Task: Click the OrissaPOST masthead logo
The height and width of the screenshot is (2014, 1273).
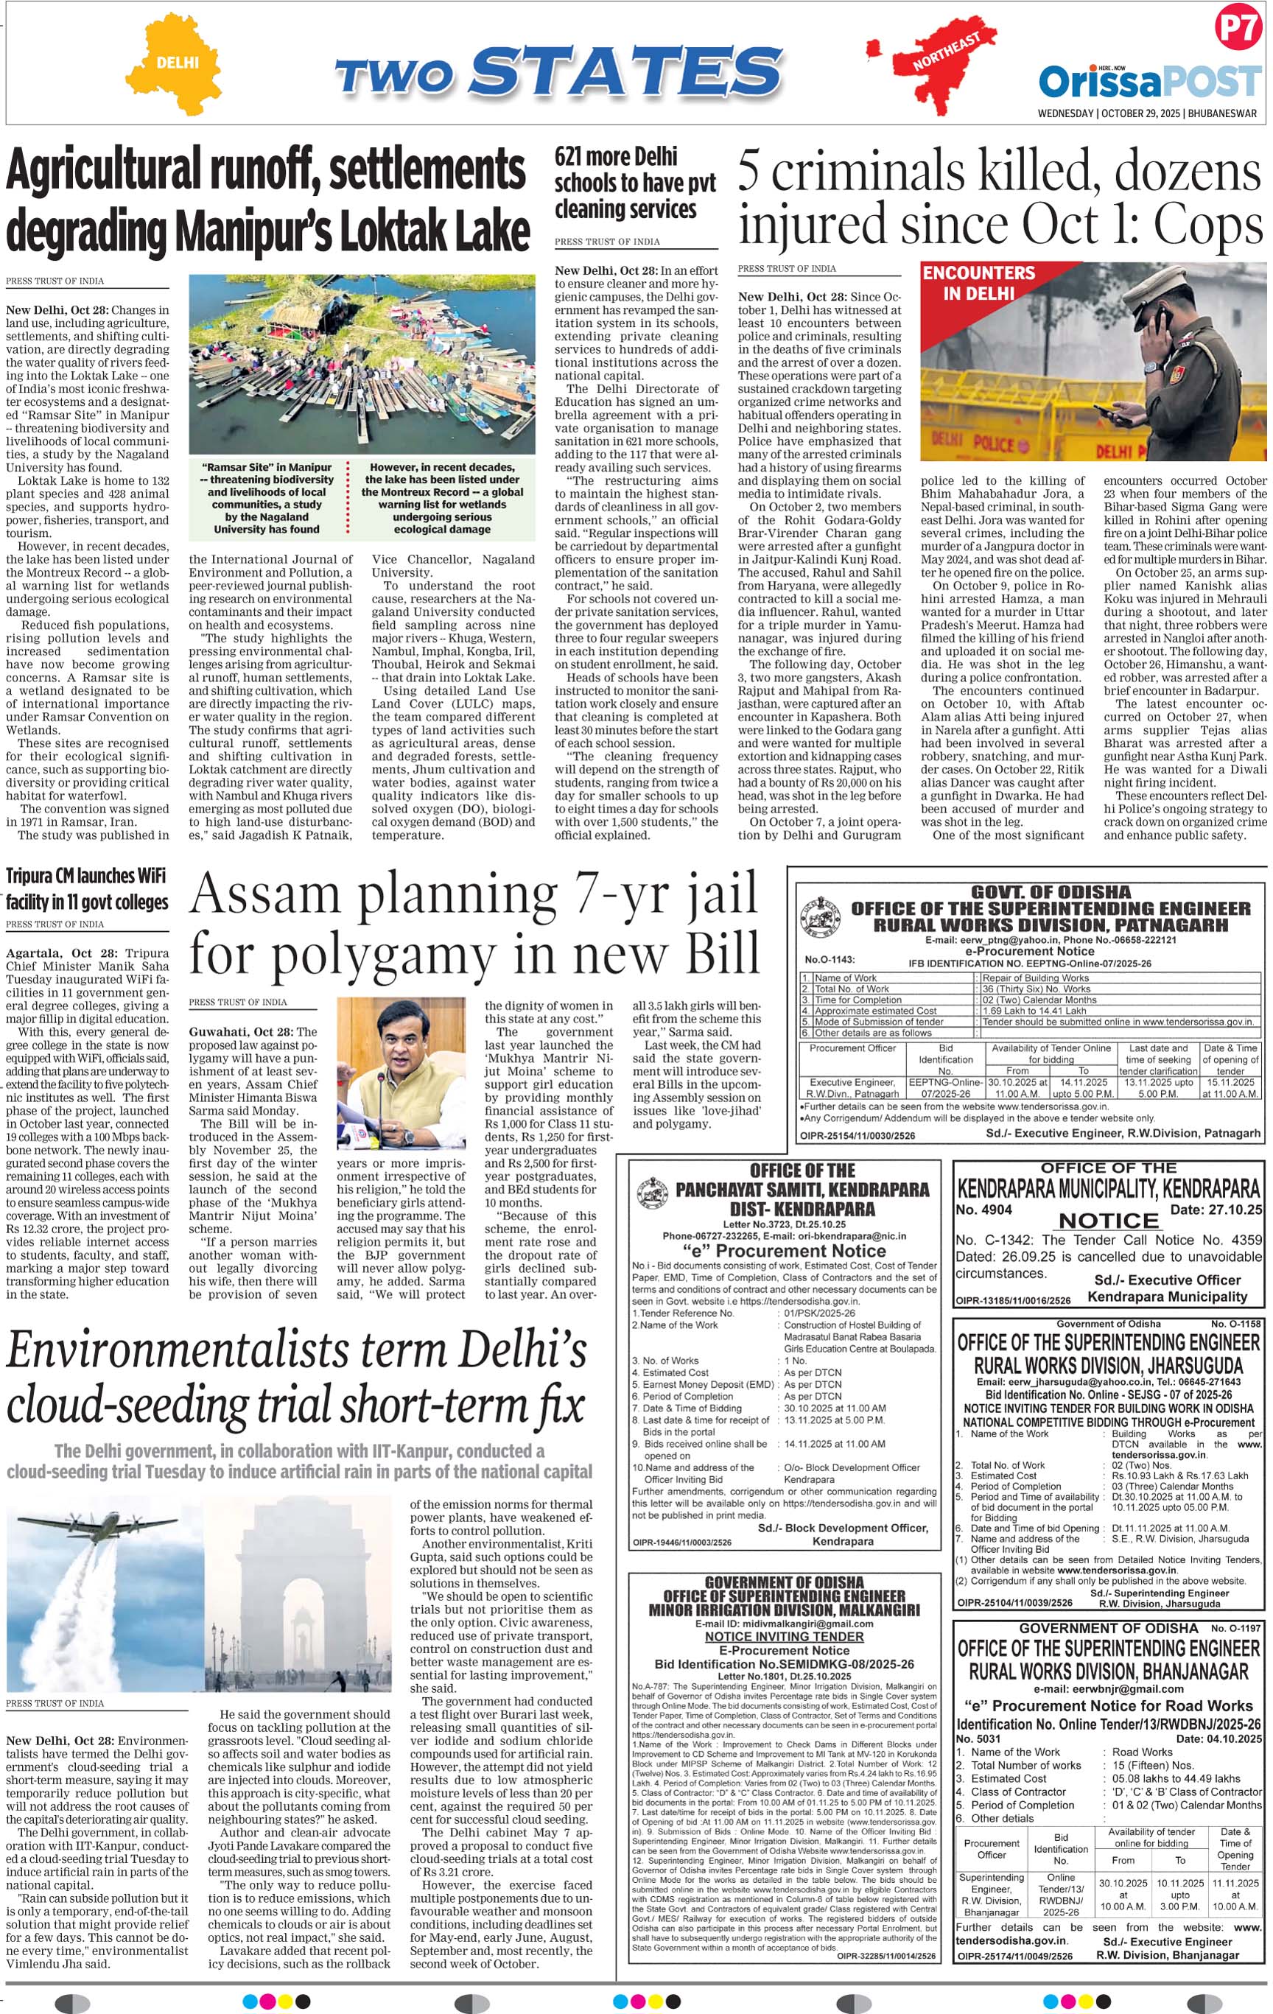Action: pyautogui.click(x=1148, y=81)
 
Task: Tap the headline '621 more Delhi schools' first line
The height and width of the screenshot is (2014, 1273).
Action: pyautogui.click(x=616, y=156)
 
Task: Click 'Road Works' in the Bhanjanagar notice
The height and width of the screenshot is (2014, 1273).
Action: pyautogui.click(x=1142, y=1751)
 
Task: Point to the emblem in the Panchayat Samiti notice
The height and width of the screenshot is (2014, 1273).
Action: pyautogui.click(x=651, y=1193)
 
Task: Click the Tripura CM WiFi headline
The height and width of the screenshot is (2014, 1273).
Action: pyautogui.click(x=87, y=888)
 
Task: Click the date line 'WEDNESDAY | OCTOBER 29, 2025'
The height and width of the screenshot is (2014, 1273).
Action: pyautogui.click(x=1110, y=113)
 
